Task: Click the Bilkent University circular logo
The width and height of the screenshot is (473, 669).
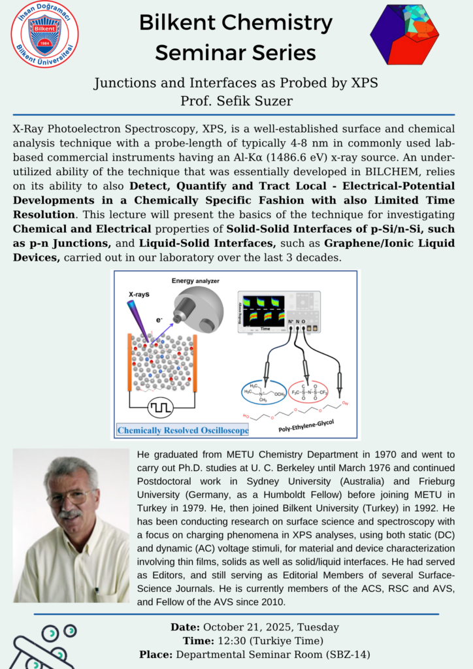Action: [x=45, y=33]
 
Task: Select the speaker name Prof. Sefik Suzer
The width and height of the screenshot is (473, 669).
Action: [x=236, y=101]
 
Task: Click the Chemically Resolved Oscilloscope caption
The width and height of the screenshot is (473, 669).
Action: [x=183, y=431]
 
